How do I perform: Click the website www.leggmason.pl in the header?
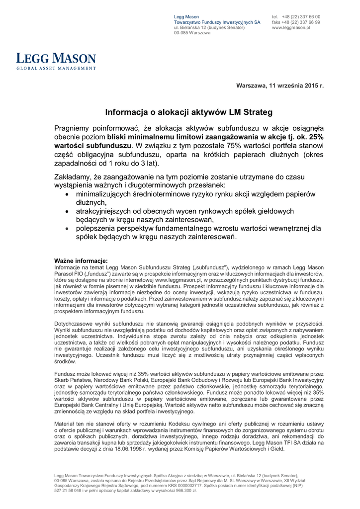point(291,28)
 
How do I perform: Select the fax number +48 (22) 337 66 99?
point(301,22)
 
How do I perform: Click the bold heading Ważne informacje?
point(81,261)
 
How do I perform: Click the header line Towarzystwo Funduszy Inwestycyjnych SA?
point(217,22)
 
